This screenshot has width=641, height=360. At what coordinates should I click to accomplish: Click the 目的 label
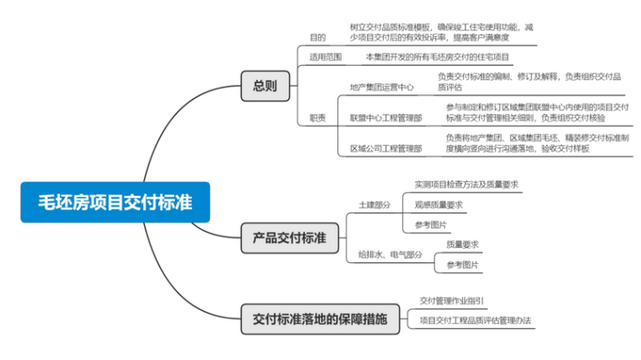coord(317,37)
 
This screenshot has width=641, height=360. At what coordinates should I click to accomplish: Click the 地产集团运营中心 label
coord(381,87)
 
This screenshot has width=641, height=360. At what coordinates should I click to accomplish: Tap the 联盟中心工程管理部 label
coord(385,118)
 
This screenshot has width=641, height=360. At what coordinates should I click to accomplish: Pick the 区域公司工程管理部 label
coord(385,148)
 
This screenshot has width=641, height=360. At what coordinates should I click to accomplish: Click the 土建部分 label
coord(374,205)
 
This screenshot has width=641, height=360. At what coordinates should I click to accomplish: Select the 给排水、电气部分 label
coord(390,254)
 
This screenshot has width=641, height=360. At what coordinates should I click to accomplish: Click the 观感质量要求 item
coord(438,204)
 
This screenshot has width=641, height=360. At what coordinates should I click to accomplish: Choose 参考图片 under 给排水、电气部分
coord(462,265)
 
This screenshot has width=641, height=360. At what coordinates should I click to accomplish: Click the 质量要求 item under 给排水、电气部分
coord(462,244)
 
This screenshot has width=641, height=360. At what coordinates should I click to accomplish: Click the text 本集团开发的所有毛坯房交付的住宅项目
coord(437,57)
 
